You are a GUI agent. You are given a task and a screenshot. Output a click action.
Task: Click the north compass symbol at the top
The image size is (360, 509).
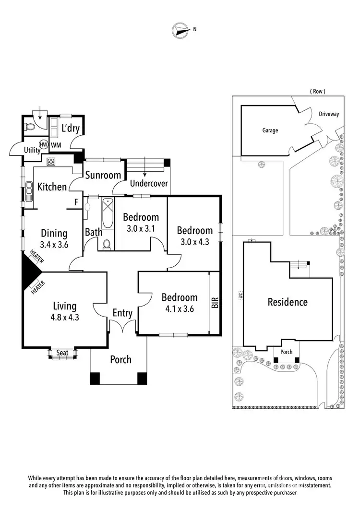pos(179,30)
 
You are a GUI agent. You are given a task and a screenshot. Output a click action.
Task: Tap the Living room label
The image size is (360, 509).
pos(64,306)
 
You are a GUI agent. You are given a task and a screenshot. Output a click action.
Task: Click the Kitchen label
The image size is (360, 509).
pos(52,187)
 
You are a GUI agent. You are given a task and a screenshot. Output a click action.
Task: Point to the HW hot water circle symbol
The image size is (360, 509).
pos(43,144)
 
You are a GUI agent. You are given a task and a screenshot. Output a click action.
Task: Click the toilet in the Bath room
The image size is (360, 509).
pos(107,244)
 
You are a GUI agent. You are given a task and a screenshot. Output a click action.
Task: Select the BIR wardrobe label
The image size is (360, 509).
pos(215,303)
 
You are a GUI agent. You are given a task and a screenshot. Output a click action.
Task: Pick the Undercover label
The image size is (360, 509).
pos(149,183)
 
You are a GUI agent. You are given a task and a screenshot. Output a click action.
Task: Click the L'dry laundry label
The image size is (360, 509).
pos(71,129)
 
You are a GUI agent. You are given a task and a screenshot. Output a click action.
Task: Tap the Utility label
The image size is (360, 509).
pos(33,150)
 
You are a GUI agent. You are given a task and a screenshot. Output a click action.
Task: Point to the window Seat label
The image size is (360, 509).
pos(62,353)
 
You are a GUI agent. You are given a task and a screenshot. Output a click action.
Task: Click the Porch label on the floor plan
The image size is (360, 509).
pos(120,359)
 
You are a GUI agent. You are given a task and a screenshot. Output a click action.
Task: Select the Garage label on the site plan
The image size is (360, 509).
pos(270,130)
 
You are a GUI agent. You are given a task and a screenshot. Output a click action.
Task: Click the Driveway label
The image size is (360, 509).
pos(329,114)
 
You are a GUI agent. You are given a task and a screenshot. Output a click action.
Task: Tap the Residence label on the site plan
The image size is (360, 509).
pos(288,302)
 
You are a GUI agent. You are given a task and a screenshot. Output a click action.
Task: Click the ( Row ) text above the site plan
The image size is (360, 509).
pos(317,91)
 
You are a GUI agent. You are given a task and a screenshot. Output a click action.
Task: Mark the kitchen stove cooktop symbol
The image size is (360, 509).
pos(51,162)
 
